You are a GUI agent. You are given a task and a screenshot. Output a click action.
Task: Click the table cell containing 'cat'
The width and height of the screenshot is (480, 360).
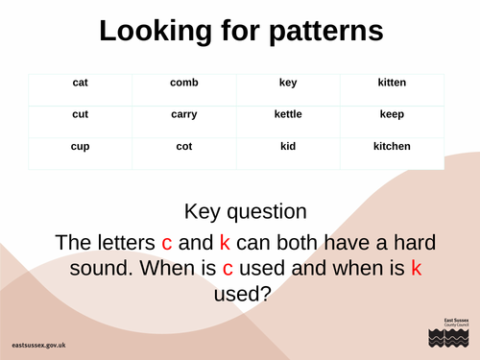point(81,84)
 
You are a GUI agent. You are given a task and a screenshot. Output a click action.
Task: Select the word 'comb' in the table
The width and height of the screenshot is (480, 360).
point(184,84)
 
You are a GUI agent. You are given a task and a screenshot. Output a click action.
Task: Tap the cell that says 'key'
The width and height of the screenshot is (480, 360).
point(288,84)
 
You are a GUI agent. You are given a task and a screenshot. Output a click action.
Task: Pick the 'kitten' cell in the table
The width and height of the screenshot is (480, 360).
point(392,84)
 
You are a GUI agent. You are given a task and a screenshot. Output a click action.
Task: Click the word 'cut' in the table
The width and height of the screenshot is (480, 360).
point(81,115)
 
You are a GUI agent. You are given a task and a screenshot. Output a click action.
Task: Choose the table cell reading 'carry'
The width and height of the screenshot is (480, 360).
point(184,115)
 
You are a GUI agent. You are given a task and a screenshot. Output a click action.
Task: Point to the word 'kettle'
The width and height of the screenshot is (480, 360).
point(288,115)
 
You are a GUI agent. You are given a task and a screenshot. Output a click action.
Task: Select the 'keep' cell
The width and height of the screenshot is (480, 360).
point(392,115)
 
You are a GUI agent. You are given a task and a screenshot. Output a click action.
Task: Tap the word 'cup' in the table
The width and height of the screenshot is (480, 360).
point(81,147)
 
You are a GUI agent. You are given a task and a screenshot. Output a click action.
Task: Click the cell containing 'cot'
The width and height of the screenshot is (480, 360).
point(184,147)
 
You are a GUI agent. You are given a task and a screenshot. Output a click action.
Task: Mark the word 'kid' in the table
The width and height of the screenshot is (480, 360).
point(288,147)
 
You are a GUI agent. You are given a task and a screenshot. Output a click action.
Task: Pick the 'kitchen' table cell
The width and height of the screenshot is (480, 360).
point(392,147)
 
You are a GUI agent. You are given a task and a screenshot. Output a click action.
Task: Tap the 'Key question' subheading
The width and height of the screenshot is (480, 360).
point(246,210)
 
